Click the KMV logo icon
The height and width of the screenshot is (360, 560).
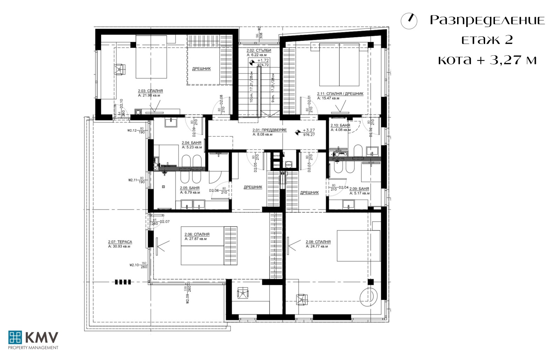[15, 337]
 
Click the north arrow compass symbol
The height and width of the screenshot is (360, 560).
[409, 21]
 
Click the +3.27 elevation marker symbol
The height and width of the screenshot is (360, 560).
[297, 132]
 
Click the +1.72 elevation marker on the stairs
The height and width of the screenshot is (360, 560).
[251, 63]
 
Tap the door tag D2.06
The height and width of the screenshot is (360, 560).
[214, 191]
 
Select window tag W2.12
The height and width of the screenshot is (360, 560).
[132, 131]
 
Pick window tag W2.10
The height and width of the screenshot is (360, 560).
[134, 265]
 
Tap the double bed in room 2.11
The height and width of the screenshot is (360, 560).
[339, 64]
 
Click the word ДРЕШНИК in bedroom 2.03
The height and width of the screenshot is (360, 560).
[202, 69]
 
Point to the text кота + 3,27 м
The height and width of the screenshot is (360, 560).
[487, 60]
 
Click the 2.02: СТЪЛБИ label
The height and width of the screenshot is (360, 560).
[258, 50]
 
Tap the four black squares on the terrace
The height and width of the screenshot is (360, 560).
[123, 282]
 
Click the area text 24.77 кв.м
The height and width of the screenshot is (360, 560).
[317, 246]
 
